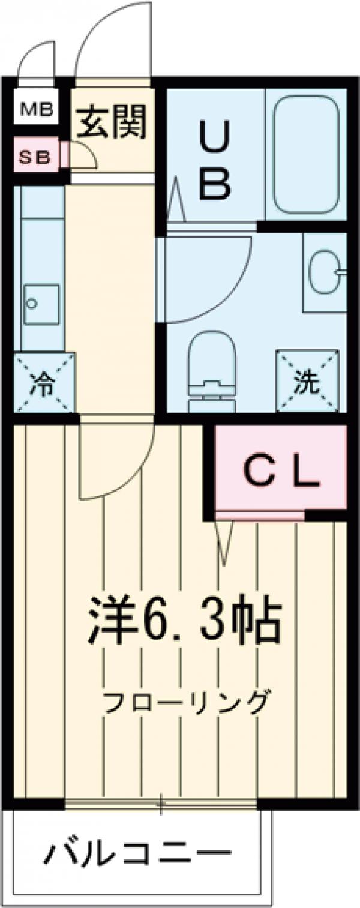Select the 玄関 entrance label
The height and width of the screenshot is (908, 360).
(112, 122)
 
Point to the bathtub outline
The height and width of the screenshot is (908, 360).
(306, 156)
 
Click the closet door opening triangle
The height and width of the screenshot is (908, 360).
(225, 540)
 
